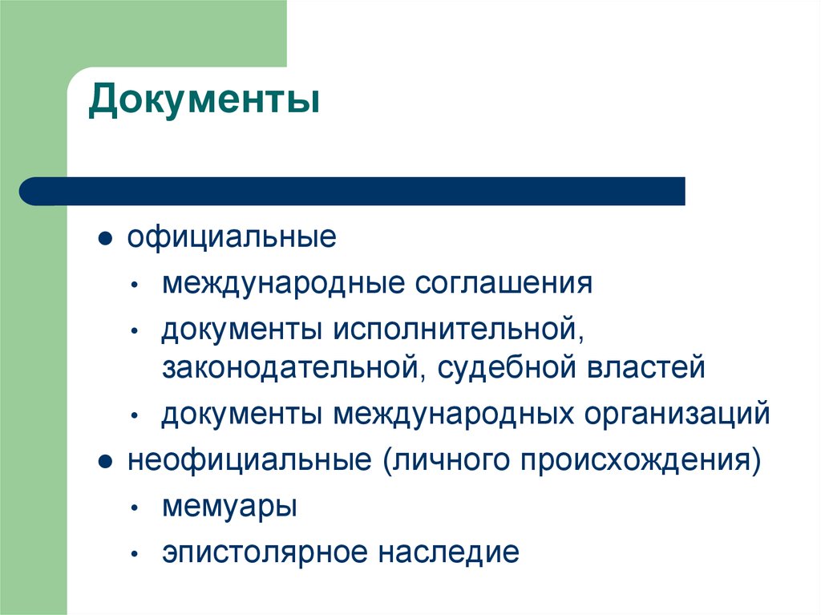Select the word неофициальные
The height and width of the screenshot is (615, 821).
[251, 461]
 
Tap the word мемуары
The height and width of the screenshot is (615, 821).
[230, 508]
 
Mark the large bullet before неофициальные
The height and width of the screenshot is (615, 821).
[104, 463]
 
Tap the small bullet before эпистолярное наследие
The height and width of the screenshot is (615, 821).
[138, 555]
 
